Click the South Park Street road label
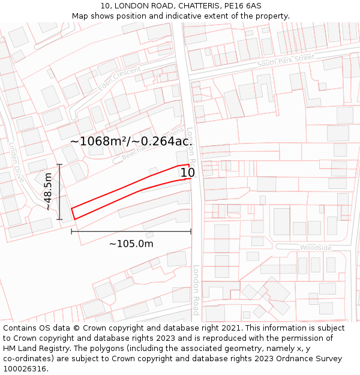click(x=286, y=61)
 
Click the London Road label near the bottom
click(x=196, y=290)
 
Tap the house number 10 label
click(x=187, y=173)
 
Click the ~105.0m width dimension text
click(x=131, y=244)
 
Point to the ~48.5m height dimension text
click(x=48, y=191)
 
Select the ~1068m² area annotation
click(x=131, y=141)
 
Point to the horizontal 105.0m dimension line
click(x=131, y=232)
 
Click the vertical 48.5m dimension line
click(x=59, y=191)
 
